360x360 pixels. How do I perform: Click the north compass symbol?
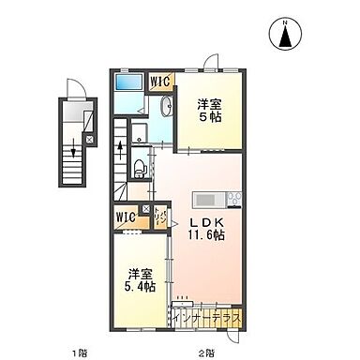tap(285, 35)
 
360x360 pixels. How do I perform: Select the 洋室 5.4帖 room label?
tap(142, 278)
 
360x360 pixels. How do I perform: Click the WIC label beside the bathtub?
tap(160, 81)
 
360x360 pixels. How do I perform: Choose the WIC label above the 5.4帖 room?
tap(126, 217)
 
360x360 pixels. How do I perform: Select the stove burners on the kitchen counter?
tap(232, 199)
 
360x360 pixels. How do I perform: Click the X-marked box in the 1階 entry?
tap(89, 138)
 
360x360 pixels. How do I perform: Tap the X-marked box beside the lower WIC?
tap(144, 209)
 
